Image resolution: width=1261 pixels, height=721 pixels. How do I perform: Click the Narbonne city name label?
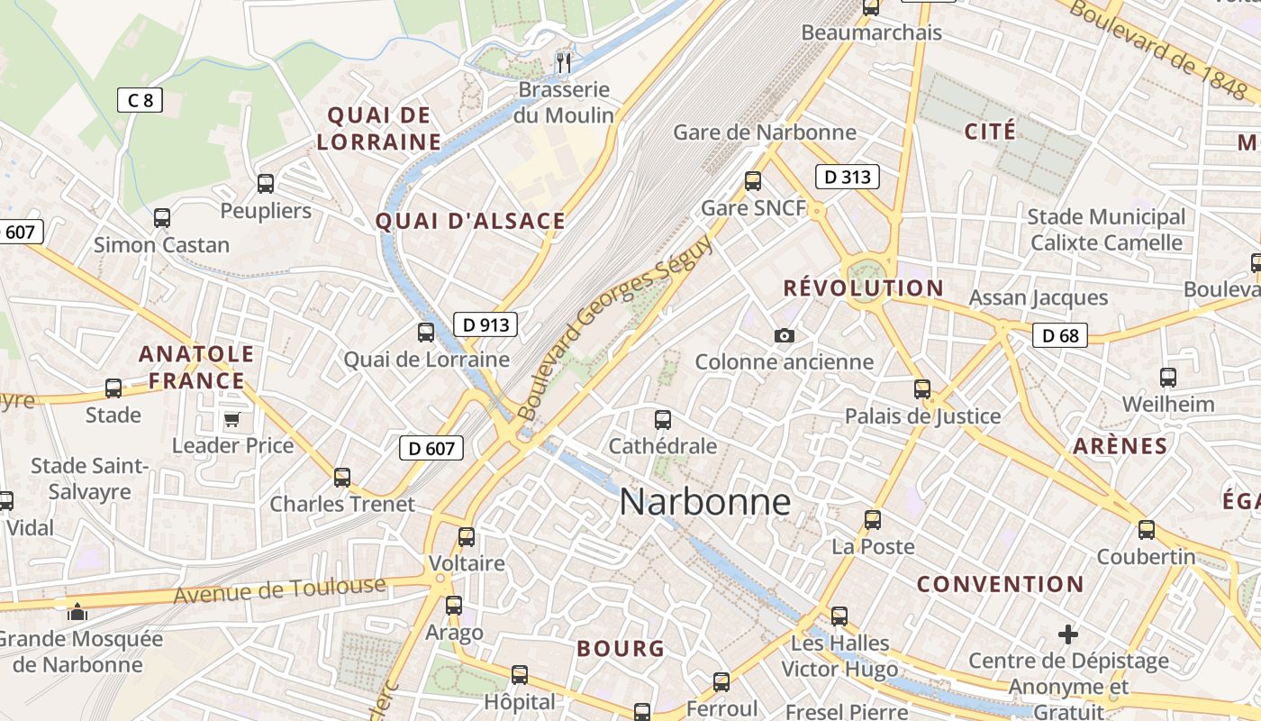click(x=705, y=502)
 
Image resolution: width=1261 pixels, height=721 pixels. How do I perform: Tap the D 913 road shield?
click(x=485, y=324)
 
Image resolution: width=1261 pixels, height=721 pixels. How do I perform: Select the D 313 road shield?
click(x=848, y=177)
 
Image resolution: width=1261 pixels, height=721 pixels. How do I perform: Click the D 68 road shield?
click(x=1060, y=336)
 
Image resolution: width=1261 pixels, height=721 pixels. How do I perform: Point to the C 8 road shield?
click(x=140, y=100)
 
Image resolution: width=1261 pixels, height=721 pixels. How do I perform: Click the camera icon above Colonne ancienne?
click(x=785, y=336)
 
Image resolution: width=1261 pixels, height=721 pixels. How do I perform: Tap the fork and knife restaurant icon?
click(x=565, y=62)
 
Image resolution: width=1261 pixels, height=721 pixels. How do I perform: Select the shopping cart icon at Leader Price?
click(x=232, y=420)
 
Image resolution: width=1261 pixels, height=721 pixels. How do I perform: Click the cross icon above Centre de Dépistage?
click(x=1068, y=634)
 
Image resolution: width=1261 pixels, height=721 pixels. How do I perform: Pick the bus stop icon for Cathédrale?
click(x=663, y=419)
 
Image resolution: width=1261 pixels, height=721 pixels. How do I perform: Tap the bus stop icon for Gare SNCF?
click(x=753, y=181)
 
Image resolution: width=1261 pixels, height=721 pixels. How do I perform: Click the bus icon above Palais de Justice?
click(x=922, y=389)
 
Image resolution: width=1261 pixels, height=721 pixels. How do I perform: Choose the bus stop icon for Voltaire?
click(x=467, y=537)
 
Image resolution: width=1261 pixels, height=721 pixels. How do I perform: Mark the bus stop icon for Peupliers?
click(x=266, y=184)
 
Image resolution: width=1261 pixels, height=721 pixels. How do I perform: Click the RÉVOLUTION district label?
click(x=863, y=288)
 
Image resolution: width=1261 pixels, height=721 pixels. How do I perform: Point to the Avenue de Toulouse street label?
click(x=279, y=590)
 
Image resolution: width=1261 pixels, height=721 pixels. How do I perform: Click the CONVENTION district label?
click(x=1000, y=584)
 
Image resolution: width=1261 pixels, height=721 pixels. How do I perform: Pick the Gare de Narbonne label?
click(x=765, y=132)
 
